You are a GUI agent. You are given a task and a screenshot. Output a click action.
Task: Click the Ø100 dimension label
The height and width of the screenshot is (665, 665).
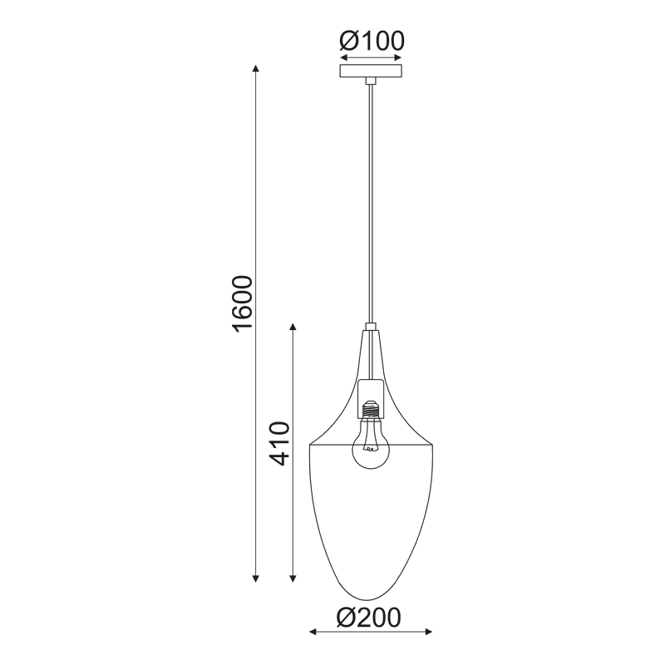point(371,40)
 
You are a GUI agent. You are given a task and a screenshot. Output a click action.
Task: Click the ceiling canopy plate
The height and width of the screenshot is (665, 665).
point(371,72)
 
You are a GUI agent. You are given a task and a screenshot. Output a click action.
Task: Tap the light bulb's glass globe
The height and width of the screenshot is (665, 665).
point(370,449)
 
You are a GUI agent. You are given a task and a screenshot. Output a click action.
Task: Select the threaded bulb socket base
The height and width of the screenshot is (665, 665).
point(370,408)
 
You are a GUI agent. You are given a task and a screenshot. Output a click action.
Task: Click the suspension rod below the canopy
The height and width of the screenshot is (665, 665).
point(371,199)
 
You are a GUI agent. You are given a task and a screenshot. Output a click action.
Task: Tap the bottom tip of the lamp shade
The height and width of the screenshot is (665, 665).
point(370,599)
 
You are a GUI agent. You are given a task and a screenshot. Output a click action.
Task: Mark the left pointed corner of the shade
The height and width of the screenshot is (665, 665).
point(310,444)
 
